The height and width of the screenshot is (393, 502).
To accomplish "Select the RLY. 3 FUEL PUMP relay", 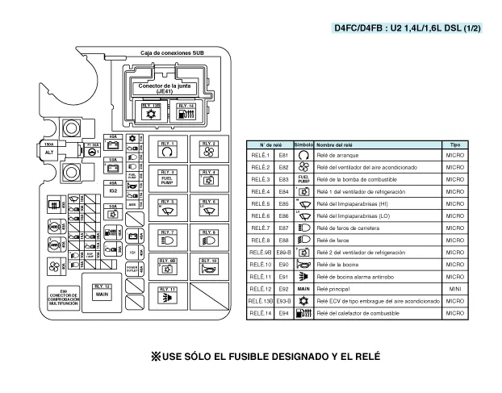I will click(168, 178).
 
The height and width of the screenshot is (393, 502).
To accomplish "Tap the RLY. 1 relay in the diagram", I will click(168, 148).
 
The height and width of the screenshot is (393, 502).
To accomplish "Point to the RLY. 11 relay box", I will click(168, 295).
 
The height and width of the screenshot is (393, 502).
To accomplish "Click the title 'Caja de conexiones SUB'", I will click(171, 53).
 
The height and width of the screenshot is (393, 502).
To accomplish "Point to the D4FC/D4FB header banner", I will click(408, 28).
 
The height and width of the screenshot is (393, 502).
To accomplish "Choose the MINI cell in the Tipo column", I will click(454, 288).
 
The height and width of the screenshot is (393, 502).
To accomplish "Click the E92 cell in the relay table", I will click(283, 288).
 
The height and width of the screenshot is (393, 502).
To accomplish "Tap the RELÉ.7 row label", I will click(259, 228).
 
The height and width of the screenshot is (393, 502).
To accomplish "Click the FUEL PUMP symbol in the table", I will click(303, 179).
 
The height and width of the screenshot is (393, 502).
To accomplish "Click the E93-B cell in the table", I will click(283, 300).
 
